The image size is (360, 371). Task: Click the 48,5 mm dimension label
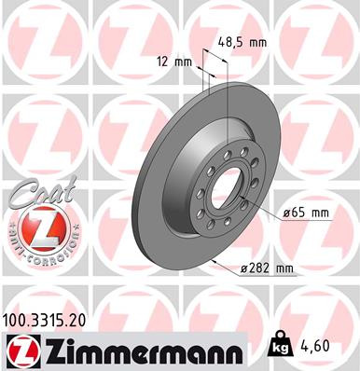(243, 42)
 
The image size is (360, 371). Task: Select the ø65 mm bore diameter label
(306, 213)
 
